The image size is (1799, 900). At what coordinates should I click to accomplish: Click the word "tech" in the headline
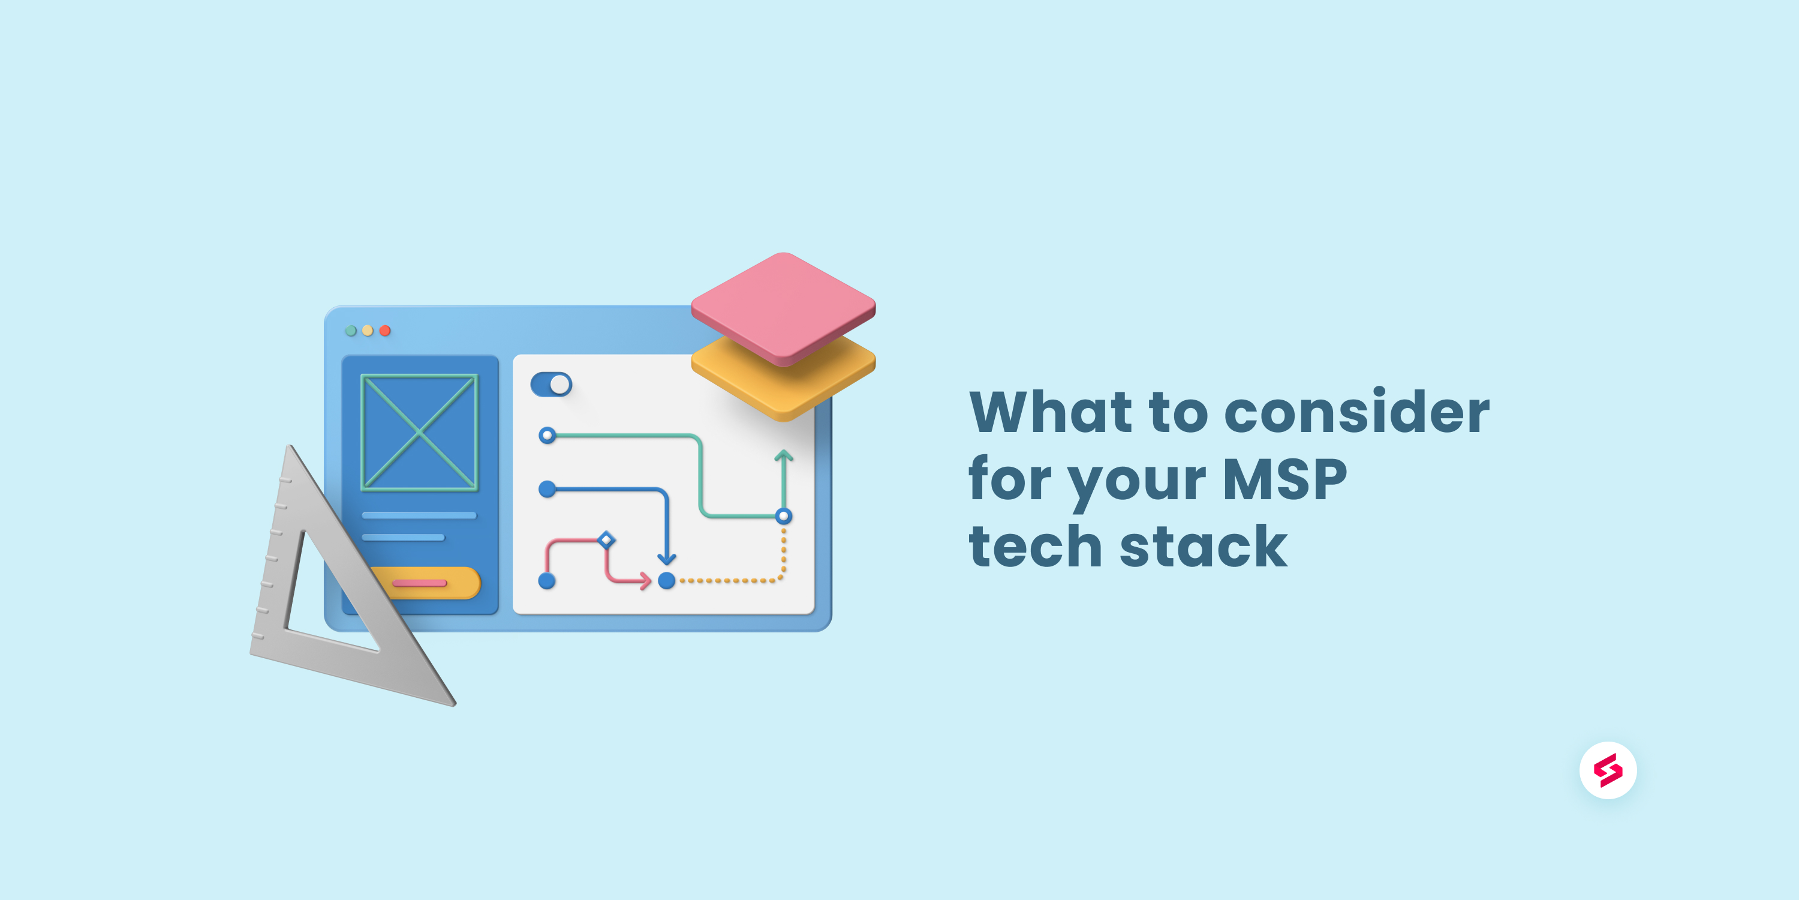[x=1034, y=547]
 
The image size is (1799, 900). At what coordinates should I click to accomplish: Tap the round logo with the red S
[x=1608, y=770]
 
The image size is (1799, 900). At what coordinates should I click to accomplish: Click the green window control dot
[x=351, y=331]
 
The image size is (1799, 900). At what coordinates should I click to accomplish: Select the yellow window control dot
[x=368, y=331]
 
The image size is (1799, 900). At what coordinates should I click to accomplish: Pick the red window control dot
[x=385, y=331]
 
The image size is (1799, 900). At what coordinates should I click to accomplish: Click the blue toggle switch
[x=551, y=385]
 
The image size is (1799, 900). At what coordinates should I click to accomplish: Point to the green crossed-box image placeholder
[x=419, y=433]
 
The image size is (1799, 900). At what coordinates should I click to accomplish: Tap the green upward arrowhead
[x=784, y=456]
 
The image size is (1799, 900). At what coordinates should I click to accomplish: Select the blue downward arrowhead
[x=667, y=559]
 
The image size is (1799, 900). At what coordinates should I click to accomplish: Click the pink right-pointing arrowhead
[x=645, y=580]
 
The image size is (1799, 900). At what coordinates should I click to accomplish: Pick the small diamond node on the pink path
[x=606, y=539]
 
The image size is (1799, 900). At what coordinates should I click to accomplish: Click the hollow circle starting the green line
[x=547, y=436]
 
